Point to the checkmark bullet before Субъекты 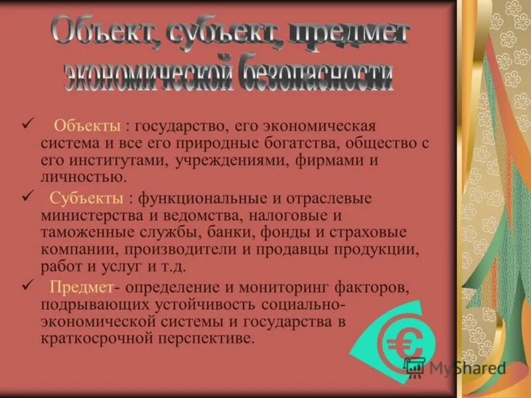point(27,197)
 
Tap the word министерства point(87,216)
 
